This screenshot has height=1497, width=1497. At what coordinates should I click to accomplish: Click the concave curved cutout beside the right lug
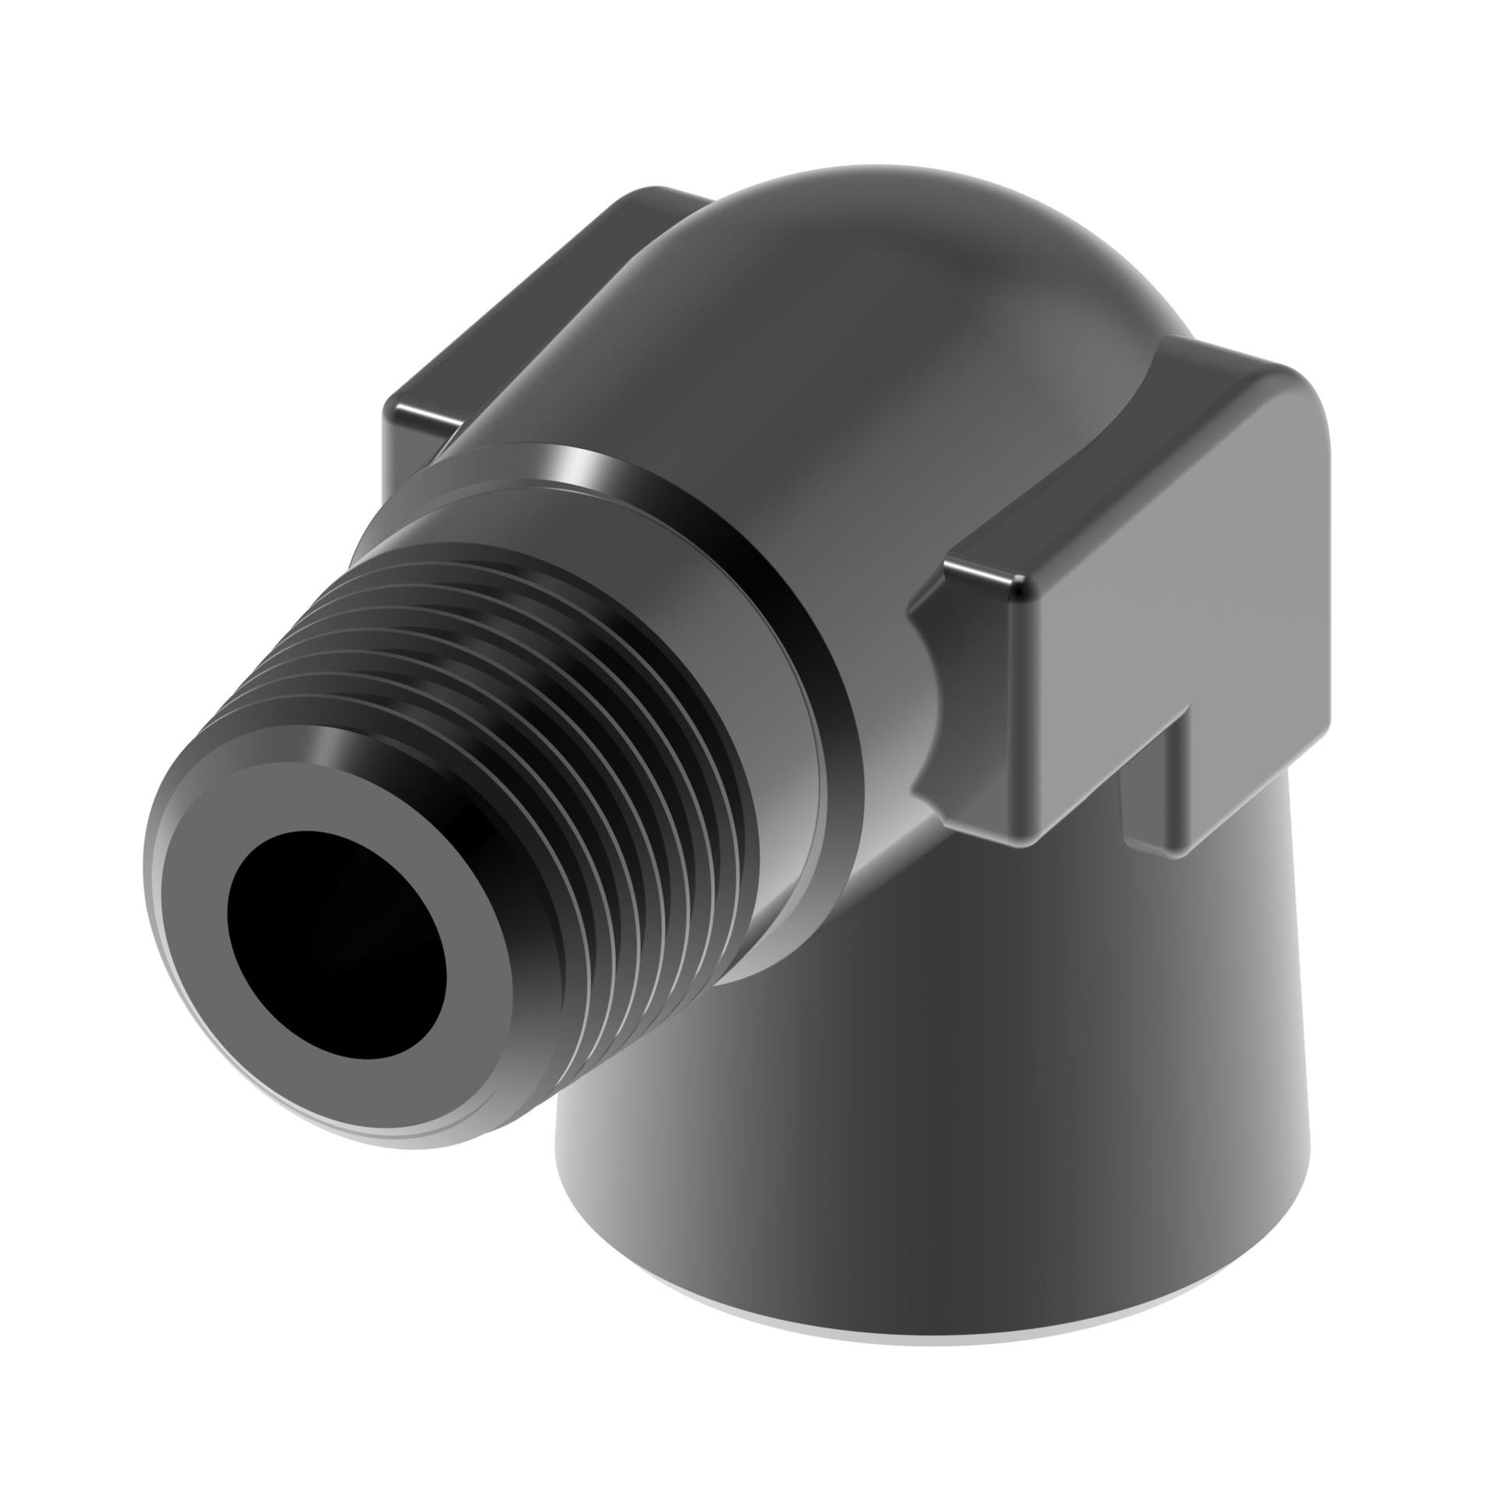click(928, 725)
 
